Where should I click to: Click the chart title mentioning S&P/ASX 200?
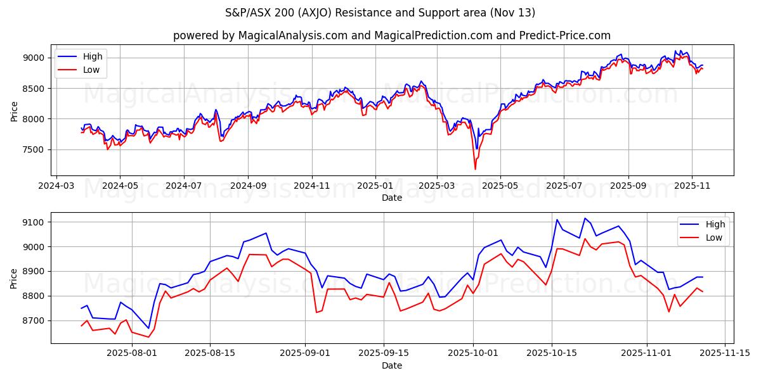380,13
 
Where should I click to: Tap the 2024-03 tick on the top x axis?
57,186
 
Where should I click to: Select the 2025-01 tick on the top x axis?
375,186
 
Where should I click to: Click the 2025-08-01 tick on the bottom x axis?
132,353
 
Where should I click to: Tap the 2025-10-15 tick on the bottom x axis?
551,353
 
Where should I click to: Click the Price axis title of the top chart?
14,110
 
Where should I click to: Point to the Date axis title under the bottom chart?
392,365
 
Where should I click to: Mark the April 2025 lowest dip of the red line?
475,169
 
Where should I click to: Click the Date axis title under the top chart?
392,198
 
